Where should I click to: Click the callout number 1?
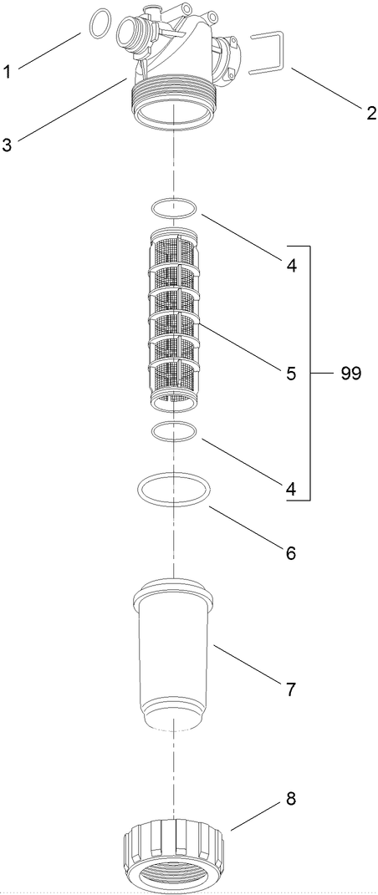point(8,72)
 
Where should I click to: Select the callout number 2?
point(370,114)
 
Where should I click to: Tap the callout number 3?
point(8,145)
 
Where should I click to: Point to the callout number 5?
point(290,374)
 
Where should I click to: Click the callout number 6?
point(290,553)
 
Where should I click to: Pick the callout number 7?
point(290,689)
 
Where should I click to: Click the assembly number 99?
point(350,374)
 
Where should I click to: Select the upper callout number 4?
point(290,267)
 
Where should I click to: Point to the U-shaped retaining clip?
point(268,52)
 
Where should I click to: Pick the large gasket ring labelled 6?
point(173,489)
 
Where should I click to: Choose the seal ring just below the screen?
point(173,432)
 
